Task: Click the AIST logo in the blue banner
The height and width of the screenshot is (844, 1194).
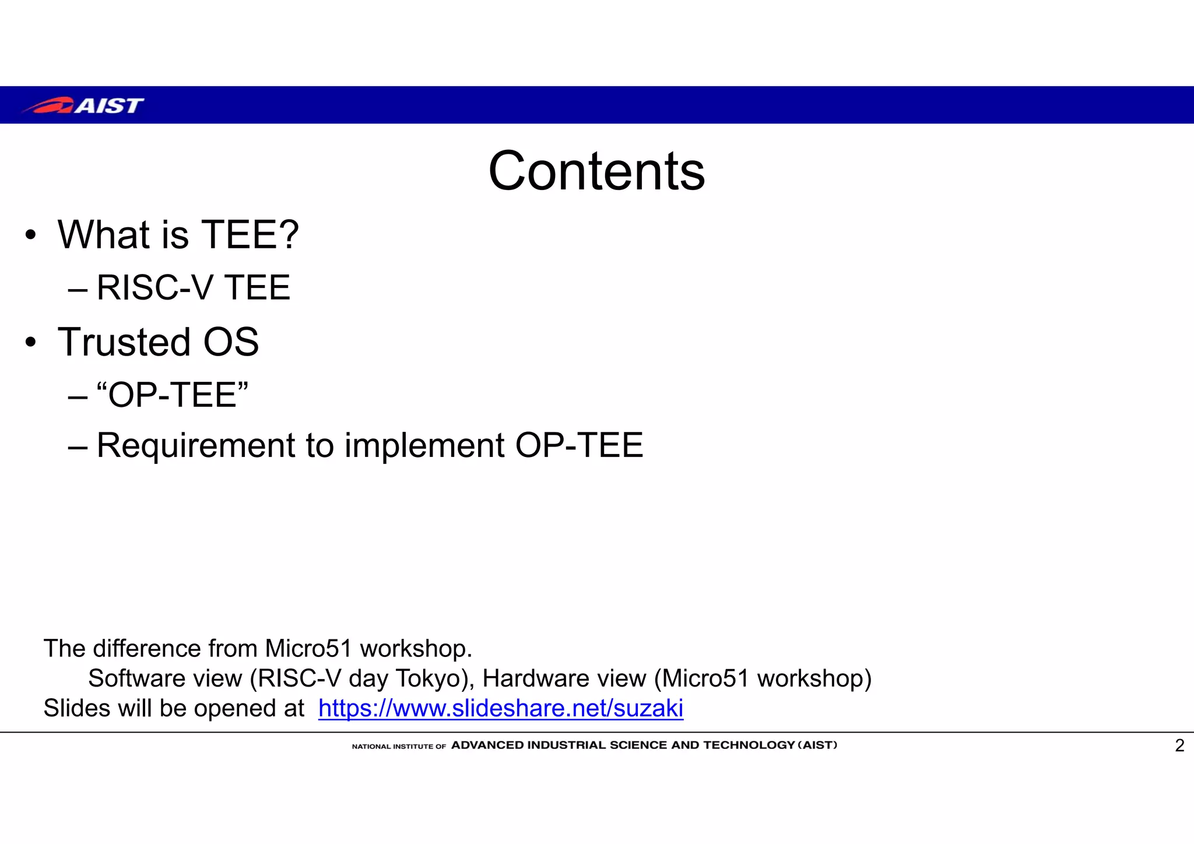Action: [83, 105]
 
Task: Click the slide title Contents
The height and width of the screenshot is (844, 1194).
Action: [596, 171]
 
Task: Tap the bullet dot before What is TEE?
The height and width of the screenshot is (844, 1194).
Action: [30, 235]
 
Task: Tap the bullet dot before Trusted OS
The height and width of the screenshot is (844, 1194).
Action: [30, 343]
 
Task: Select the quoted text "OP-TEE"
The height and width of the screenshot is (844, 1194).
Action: [173, 395]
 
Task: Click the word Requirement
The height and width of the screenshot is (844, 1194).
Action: [196, 446]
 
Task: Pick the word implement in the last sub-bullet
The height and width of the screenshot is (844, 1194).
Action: [424, 446]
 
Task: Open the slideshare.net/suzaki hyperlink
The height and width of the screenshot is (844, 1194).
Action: [500, 708]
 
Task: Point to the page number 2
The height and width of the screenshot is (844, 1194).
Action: [1179, 745]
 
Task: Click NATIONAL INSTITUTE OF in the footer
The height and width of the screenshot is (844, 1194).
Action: [399, 746]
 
